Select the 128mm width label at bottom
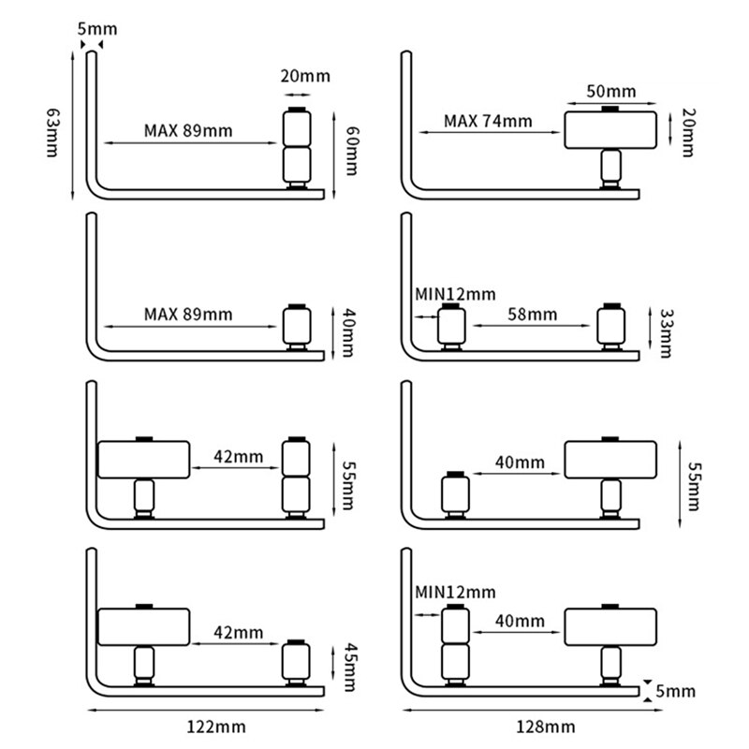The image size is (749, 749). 521,727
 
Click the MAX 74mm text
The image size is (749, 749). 488,121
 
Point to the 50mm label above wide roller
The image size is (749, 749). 610,92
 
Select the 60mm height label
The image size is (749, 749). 352,150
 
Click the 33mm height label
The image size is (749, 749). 666,332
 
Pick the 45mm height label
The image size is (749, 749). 352,665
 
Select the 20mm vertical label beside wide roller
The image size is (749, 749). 689,130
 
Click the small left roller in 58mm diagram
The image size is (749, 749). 452,327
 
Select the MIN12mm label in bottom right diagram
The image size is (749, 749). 455,592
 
